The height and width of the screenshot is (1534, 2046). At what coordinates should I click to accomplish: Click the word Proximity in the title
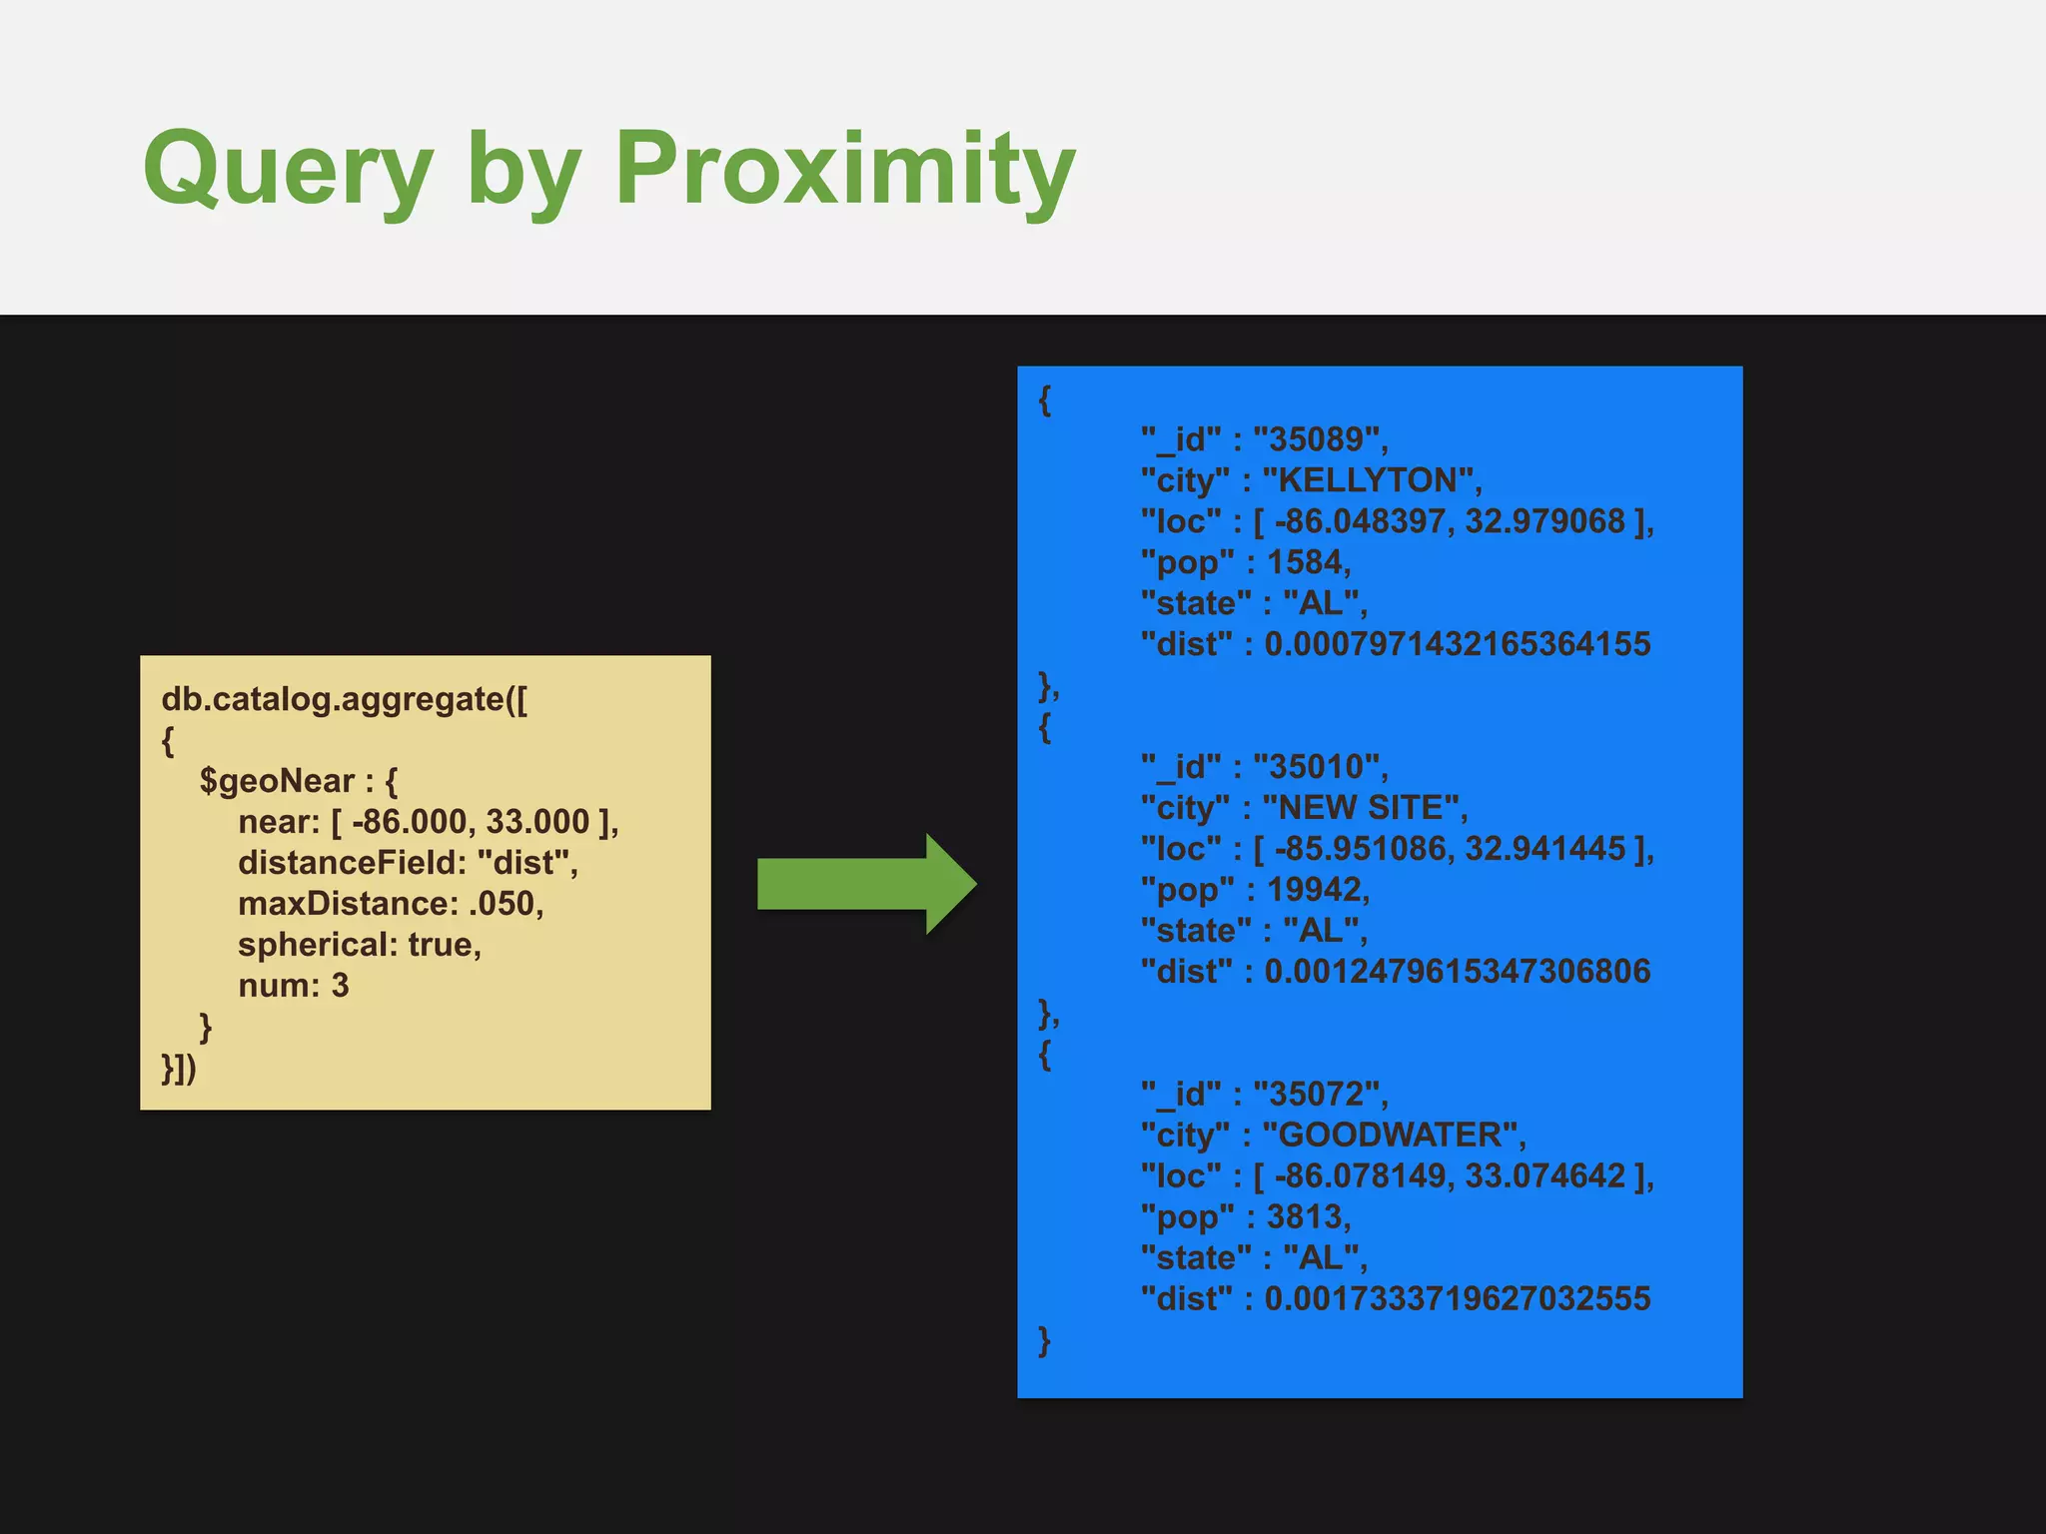click(x=844, y=170)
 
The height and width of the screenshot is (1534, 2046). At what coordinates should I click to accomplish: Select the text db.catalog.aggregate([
click(x=345, y=699)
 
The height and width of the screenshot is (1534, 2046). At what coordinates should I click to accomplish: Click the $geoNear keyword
click(x=277, y=781)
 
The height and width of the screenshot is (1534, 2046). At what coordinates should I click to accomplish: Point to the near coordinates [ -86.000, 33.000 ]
click(x=475, y=822)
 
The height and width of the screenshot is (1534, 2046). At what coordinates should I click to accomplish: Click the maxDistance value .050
click(x=505, y=904)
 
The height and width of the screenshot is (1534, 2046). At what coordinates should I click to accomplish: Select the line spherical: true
click(x=360, y=945)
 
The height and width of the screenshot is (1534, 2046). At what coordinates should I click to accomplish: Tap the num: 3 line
click(x=294, y=986)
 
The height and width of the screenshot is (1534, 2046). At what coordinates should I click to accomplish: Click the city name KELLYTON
click(x=1371, y=480)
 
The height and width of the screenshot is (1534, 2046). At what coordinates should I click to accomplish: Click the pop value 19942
click(x=1315, y=890)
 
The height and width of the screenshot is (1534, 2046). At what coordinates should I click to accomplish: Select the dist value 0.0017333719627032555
click(x=1457, y=1299)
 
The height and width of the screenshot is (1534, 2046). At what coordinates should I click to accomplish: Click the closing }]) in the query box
click(x=180, y=1068)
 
